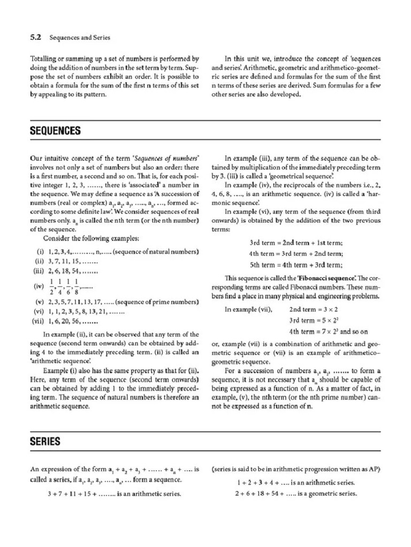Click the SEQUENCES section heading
coord(56,131)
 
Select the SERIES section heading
coord(45,441)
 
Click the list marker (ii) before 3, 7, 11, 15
coord(40,261)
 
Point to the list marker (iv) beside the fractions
coord(39,286)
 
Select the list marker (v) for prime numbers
coord(39,302)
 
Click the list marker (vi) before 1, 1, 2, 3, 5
coord(39,311)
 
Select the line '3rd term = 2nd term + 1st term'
coord(296,242)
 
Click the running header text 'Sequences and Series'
coord(80,38)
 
